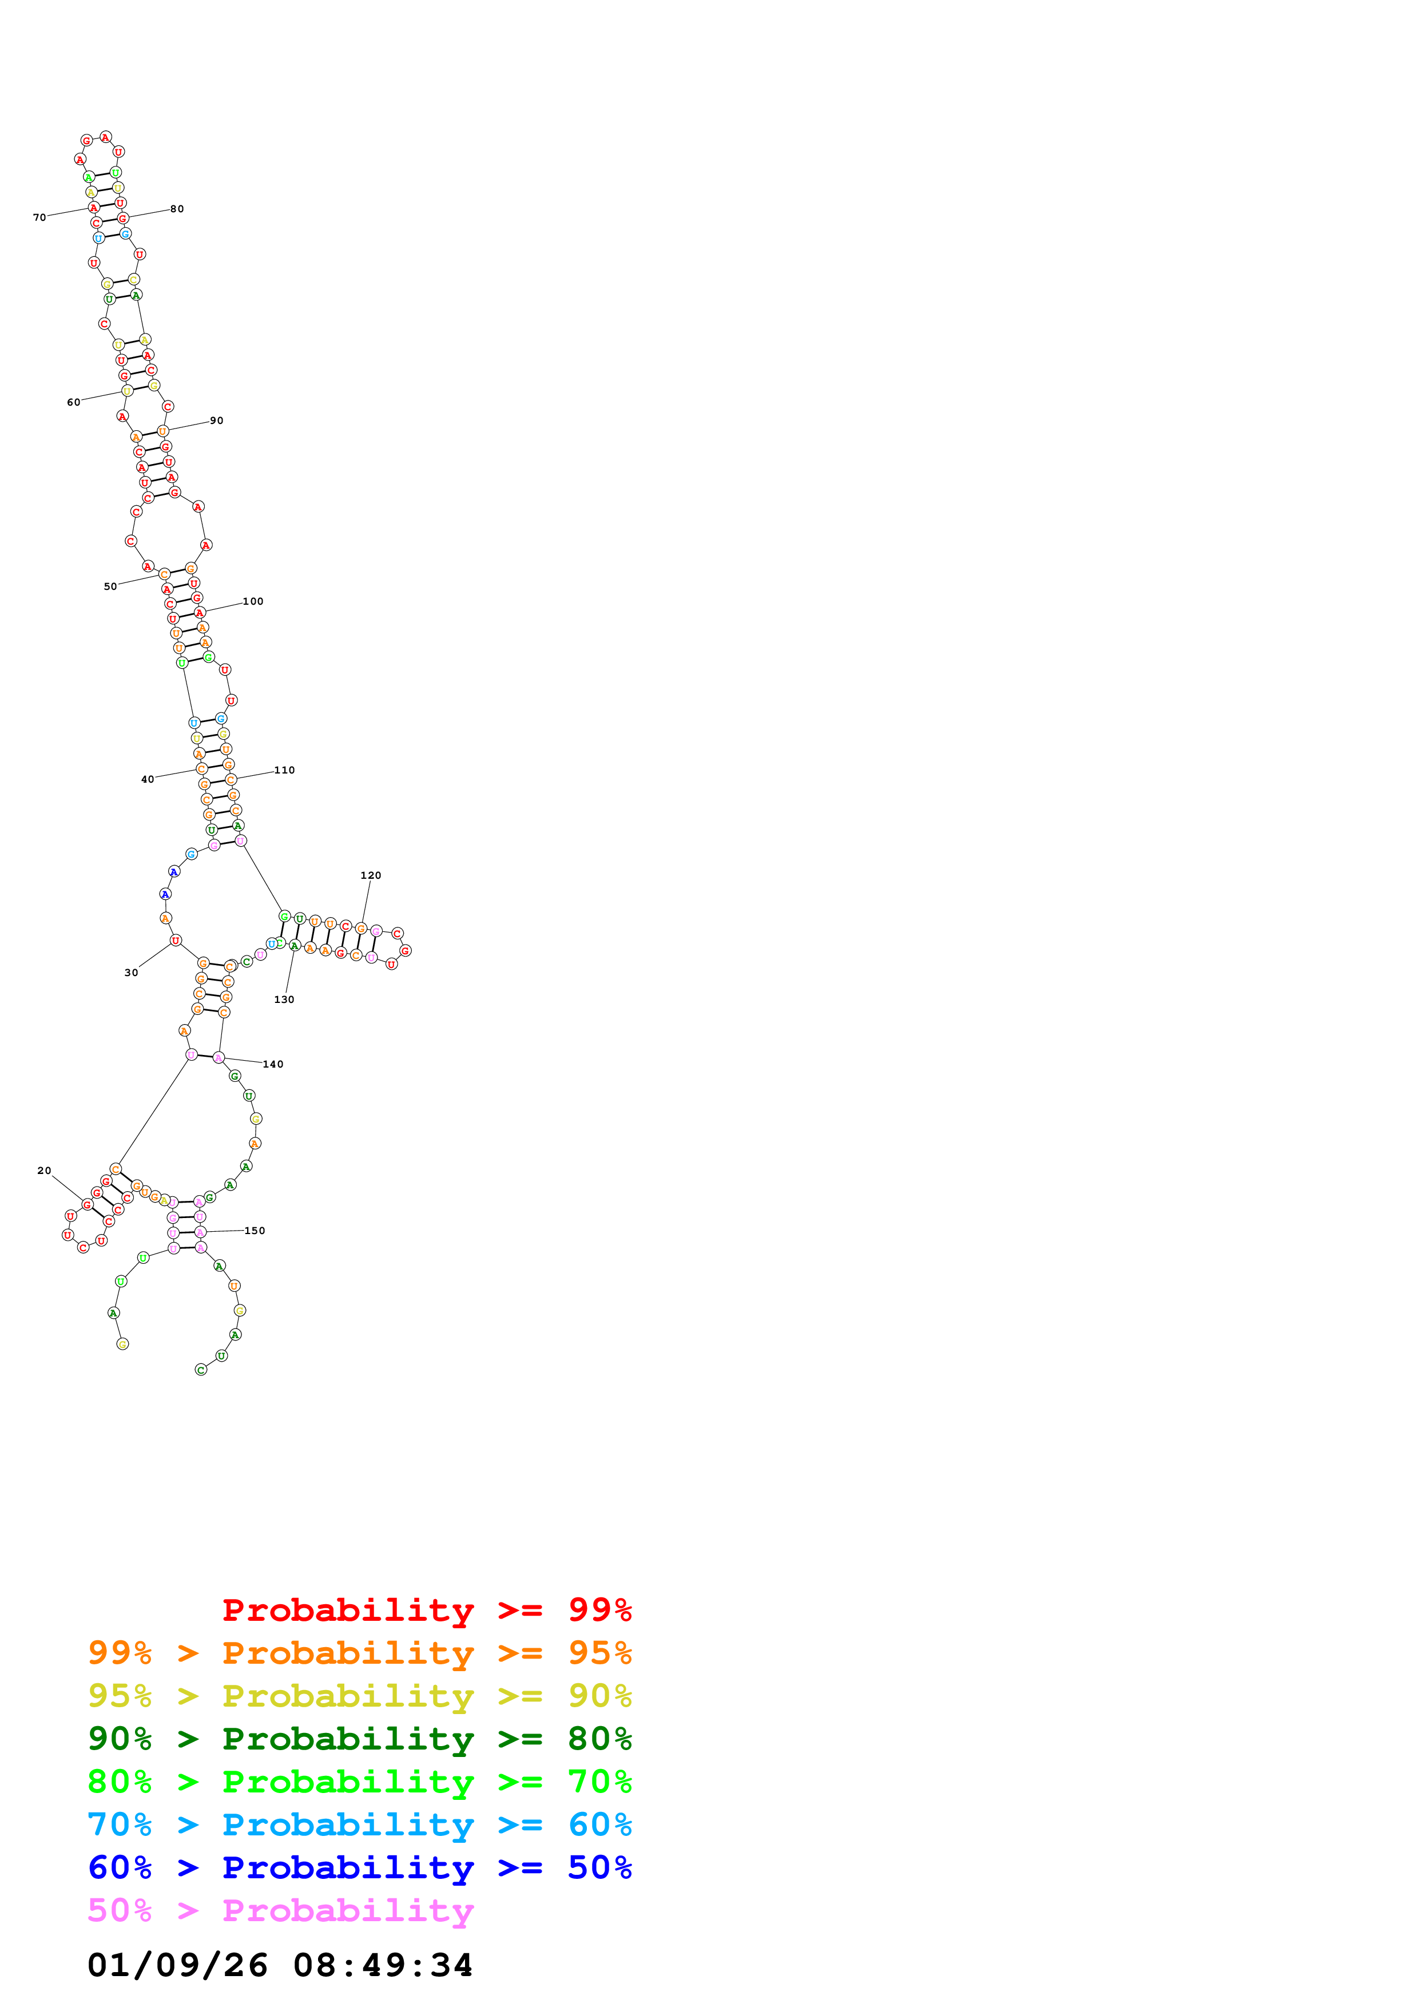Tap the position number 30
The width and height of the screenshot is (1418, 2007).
[131, 972]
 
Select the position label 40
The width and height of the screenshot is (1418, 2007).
[148, 779]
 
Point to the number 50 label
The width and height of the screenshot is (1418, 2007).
[110, 586]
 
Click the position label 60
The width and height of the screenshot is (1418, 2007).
[73, 402]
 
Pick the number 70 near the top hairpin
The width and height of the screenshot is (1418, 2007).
[39, 217]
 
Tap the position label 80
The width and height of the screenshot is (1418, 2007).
[177, 209]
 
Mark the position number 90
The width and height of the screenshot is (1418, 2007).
[217, 421]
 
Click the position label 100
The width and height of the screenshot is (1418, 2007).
[253, 601]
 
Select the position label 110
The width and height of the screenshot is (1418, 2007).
[285, 770]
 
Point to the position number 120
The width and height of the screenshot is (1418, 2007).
[371, 875]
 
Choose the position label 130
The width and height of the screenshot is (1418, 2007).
[284, 999]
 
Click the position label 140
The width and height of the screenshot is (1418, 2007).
[273, 1064]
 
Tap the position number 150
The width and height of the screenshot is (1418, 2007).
[255, 1230]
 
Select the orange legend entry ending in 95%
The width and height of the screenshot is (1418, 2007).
[359, 1652]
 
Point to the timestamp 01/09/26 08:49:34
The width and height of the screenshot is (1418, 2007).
[280, 1965]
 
